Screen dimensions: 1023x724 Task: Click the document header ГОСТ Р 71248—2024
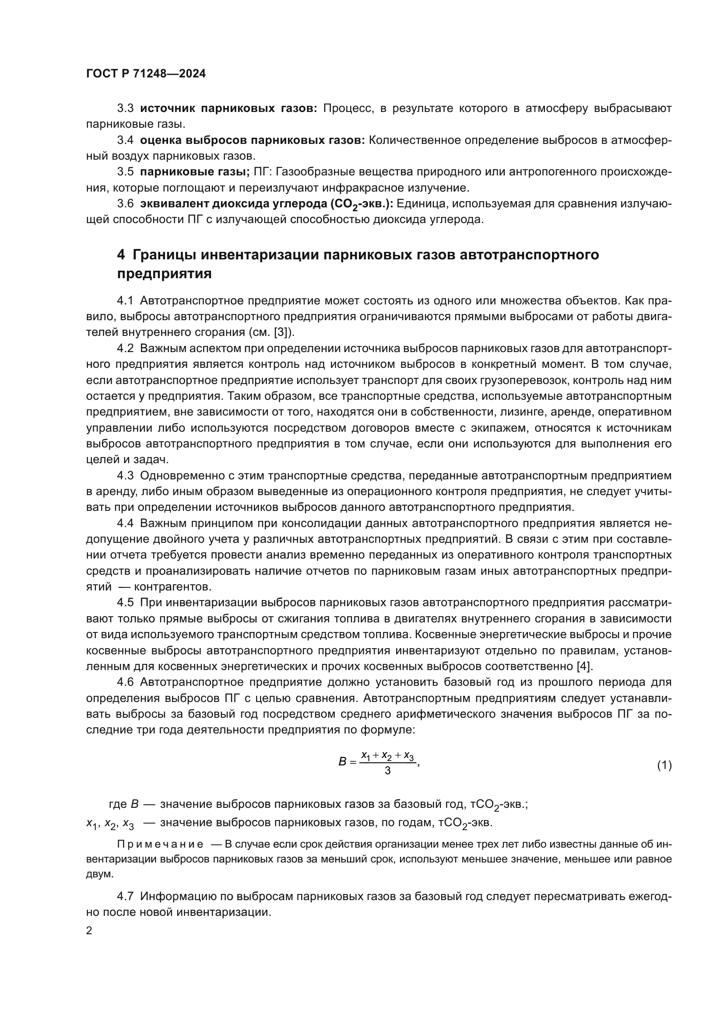pos(146,74)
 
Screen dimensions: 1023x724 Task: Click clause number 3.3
pos(125,108)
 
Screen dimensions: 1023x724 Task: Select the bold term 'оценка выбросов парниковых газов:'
pos(252,140)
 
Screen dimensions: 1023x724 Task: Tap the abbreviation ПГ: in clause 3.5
pos(261,171)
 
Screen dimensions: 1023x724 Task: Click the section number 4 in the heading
pos(121,255)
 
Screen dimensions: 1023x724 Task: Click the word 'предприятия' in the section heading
pos(164,273)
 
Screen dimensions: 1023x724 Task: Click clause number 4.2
pos(125,349)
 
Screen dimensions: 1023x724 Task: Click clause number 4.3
pos(125,475)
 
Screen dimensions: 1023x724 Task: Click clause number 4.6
pos(125,682)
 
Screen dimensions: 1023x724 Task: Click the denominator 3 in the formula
pos(387,770)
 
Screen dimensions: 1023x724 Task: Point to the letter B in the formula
pos(342,762)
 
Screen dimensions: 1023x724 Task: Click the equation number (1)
pos(664,765)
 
